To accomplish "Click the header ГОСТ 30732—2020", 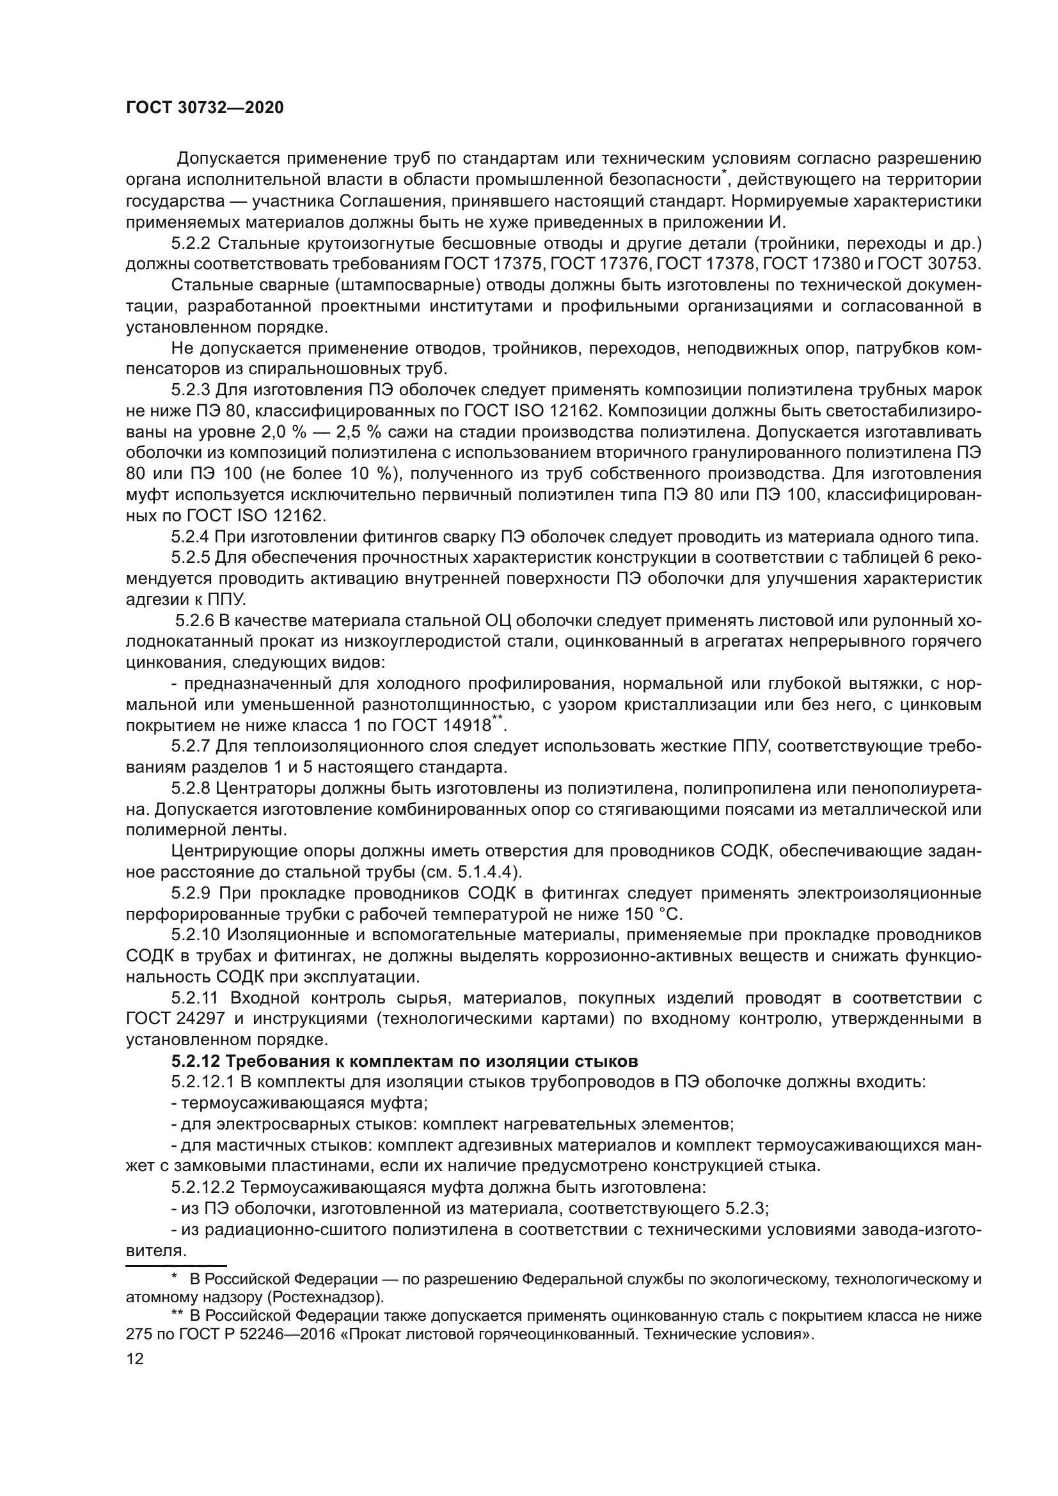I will click(205, 108).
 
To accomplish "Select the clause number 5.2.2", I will click(191, 244).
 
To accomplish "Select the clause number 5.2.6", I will click(195, 621).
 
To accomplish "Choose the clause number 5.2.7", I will click(191, 746).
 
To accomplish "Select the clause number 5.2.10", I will click(196, 935).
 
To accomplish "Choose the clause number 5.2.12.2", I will click(203, 1186).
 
